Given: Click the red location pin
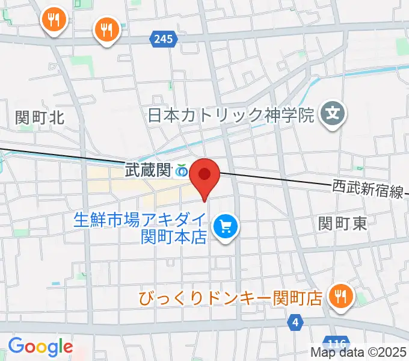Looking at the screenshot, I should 204,176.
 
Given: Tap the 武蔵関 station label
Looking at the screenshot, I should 148,171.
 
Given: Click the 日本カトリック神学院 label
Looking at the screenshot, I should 231,114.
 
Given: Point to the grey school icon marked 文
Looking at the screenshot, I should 331,113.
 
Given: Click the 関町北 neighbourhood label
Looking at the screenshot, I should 40,117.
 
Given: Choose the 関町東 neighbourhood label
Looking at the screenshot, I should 342,224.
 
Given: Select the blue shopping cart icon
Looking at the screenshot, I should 227,227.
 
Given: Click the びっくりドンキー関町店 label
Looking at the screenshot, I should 230,298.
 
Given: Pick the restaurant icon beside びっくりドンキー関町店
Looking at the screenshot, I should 340,296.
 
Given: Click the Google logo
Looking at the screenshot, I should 40,347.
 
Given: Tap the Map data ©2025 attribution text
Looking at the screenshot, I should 358,352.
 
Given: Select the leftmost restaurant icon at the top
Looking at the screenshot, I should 54,21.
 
